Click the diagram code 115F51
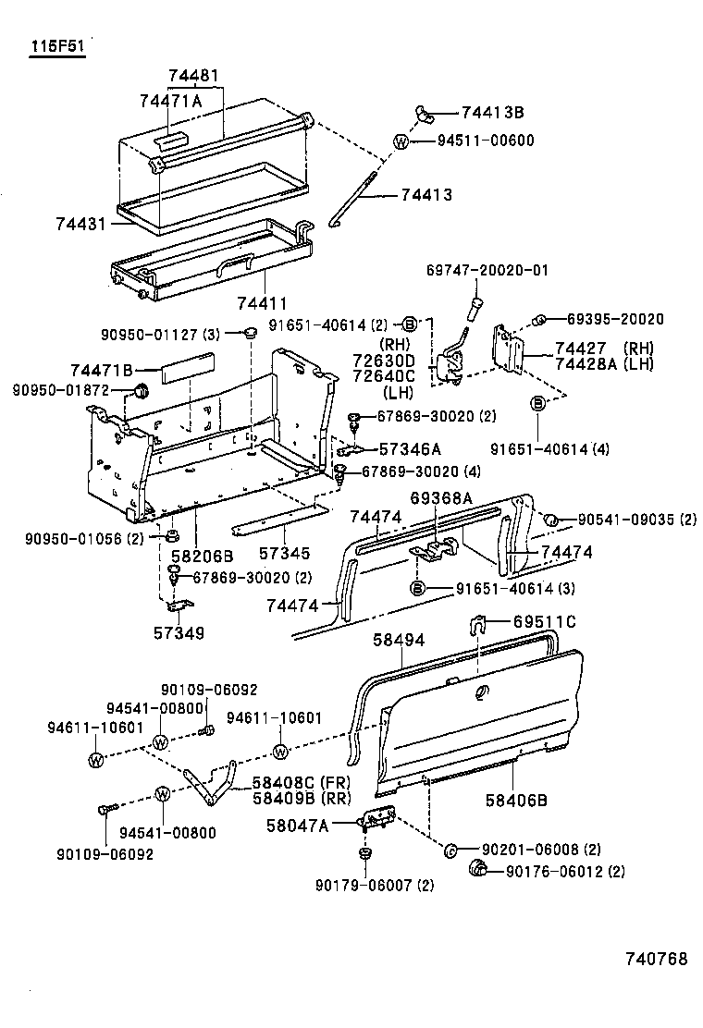coord(56,45)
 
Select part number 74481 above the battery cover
coord(196,77)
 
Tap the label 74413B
coord(492,113)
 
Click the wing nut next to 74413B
coord(426,113)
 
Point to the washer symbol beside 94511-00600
coord(401,141)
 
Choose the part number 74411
coord(262,303)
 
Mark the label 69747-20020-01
coord(487,271)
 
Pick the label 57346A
coord(410,449)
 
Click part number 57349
coord(179,633)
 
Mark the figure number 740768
coord(653,960)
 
